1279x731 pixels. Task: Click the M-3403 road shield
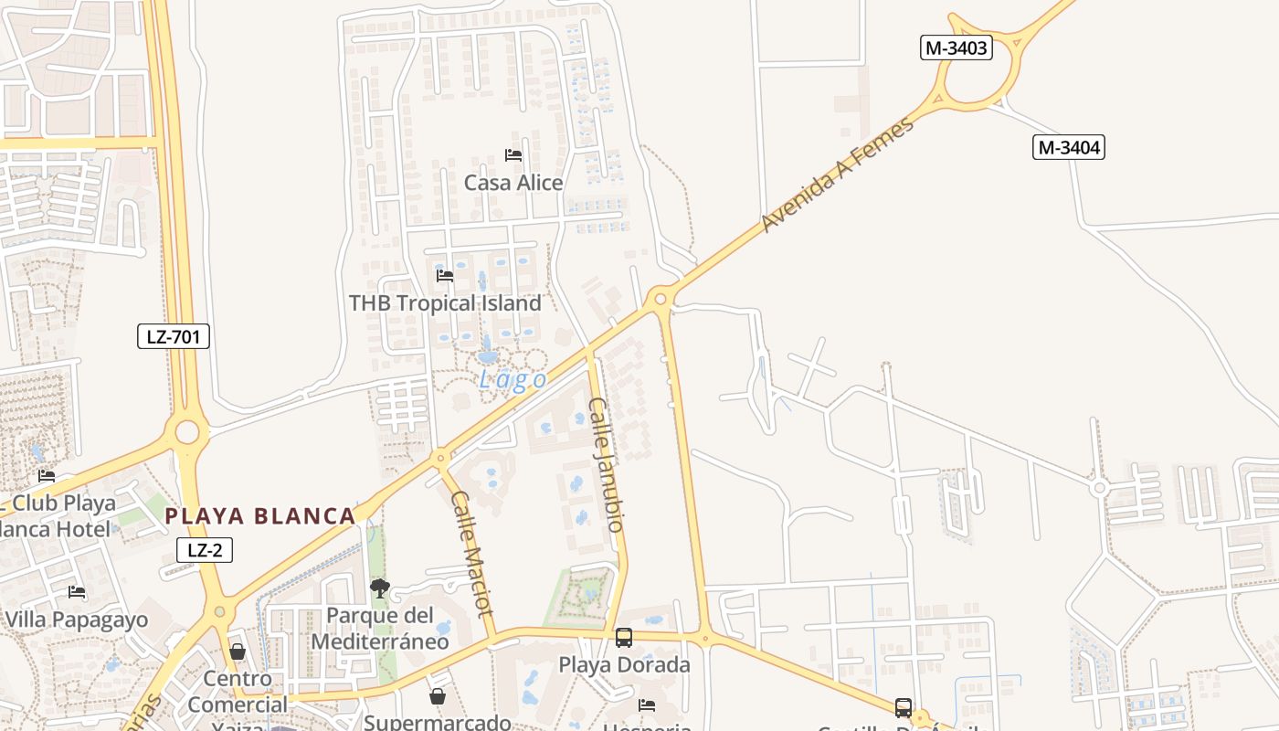click(956, 48)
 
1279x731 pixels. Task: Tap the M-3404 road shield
click(1069, 146)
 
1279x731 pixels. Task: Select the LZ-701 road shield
click(174, 336)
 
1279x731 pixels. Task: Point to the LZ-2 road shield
click(205, 549)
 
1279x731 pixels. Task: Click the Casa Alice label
click(513, 183)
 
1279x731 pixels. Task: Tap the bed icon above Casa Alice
click(513, 155)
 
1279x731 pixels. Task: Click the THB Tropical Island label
click(445, 302)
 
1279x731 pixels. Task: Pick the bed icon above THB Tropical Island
click(445, 275)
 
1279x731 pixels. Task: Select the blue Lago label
click(513, 380)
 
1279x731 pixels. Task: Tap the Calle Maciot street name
click(472, 554)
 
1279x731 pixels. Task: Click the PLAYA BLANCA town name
click(260, 516)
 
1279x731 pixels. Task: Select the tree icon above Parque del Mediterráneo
click(380, 588)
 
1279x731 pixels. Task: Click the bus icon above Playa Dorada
click(624, 638)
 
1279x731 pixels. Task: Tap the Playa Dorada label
click(624, 664)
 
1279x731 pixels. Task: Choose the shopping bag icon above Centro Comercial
click(238, 652)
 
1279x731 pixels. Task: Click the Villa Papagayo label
click(77, 620)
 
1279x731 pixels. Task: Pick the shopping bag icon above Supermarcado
click(438, 696)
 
